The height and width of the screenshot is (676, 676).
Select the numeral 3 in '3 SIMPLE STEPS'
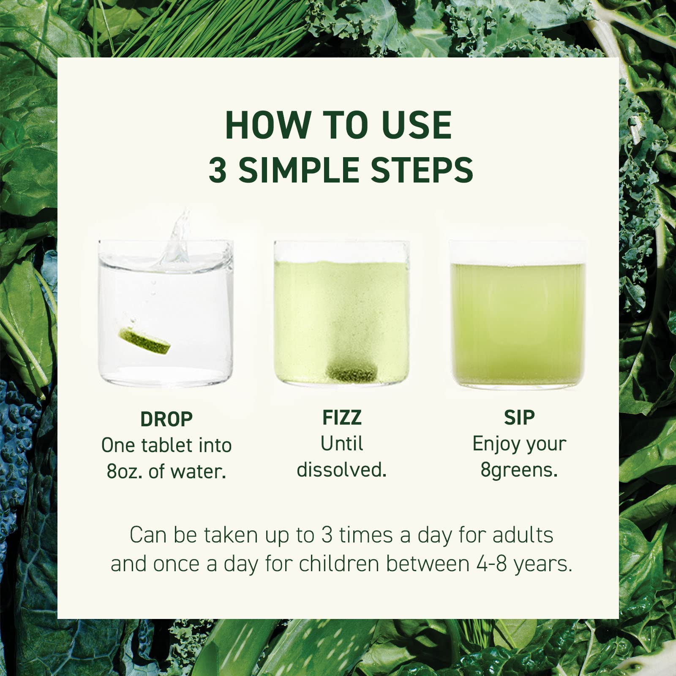pyautogui.click(x=218, y=170)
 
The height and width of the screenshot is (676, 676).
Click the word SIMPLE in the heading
pyautogui.click(x=298, y=170)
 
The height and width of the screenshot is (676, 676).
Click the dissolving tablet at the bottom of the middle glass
pyautogui.click(x=352, y=372)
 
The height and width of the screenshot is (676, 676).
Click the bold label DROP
pyautogui.click(x=166, y=420)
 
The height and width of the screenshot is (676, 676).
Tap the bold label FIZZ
pyautogui.click(x=342, y=418)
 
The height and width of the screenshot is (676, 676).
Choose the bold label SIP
pyautogui.click(x=519, y=418)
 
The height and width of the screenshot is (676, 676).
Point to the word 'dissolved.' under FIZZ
pyautogui.click(x=342, y=470)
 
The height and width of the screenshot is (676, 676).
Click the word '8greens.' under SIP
pyautogui.click(x=519, y=470)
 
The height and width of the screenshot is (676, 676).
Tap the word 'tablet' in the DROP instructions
pyautogui.click(x=164, y=445)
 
